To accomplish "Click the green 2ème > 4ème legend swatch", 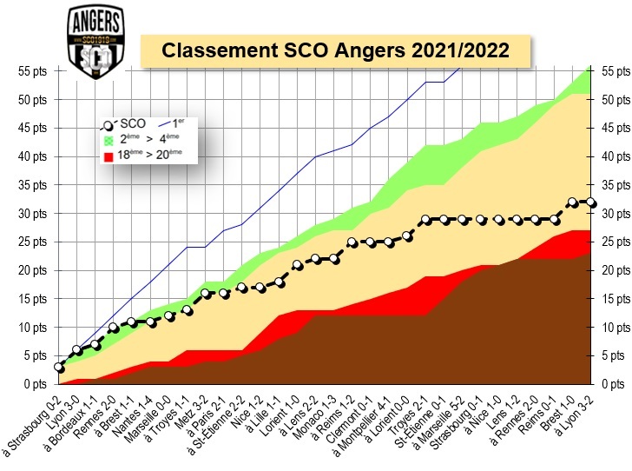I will click(109, 140).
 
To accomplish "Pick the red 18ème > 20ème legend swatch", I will click(109, 156).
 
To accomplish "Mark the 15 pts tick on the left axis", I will click(31, 299).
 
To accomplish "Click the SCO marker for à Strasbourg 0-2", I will click(59, 368).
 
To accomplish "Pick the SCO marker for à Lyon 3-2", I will click(591, 202).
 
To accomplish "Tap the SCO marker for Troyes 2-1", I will click(425, 219).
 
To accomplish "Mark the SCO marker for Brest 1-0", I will click(573, 202).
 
